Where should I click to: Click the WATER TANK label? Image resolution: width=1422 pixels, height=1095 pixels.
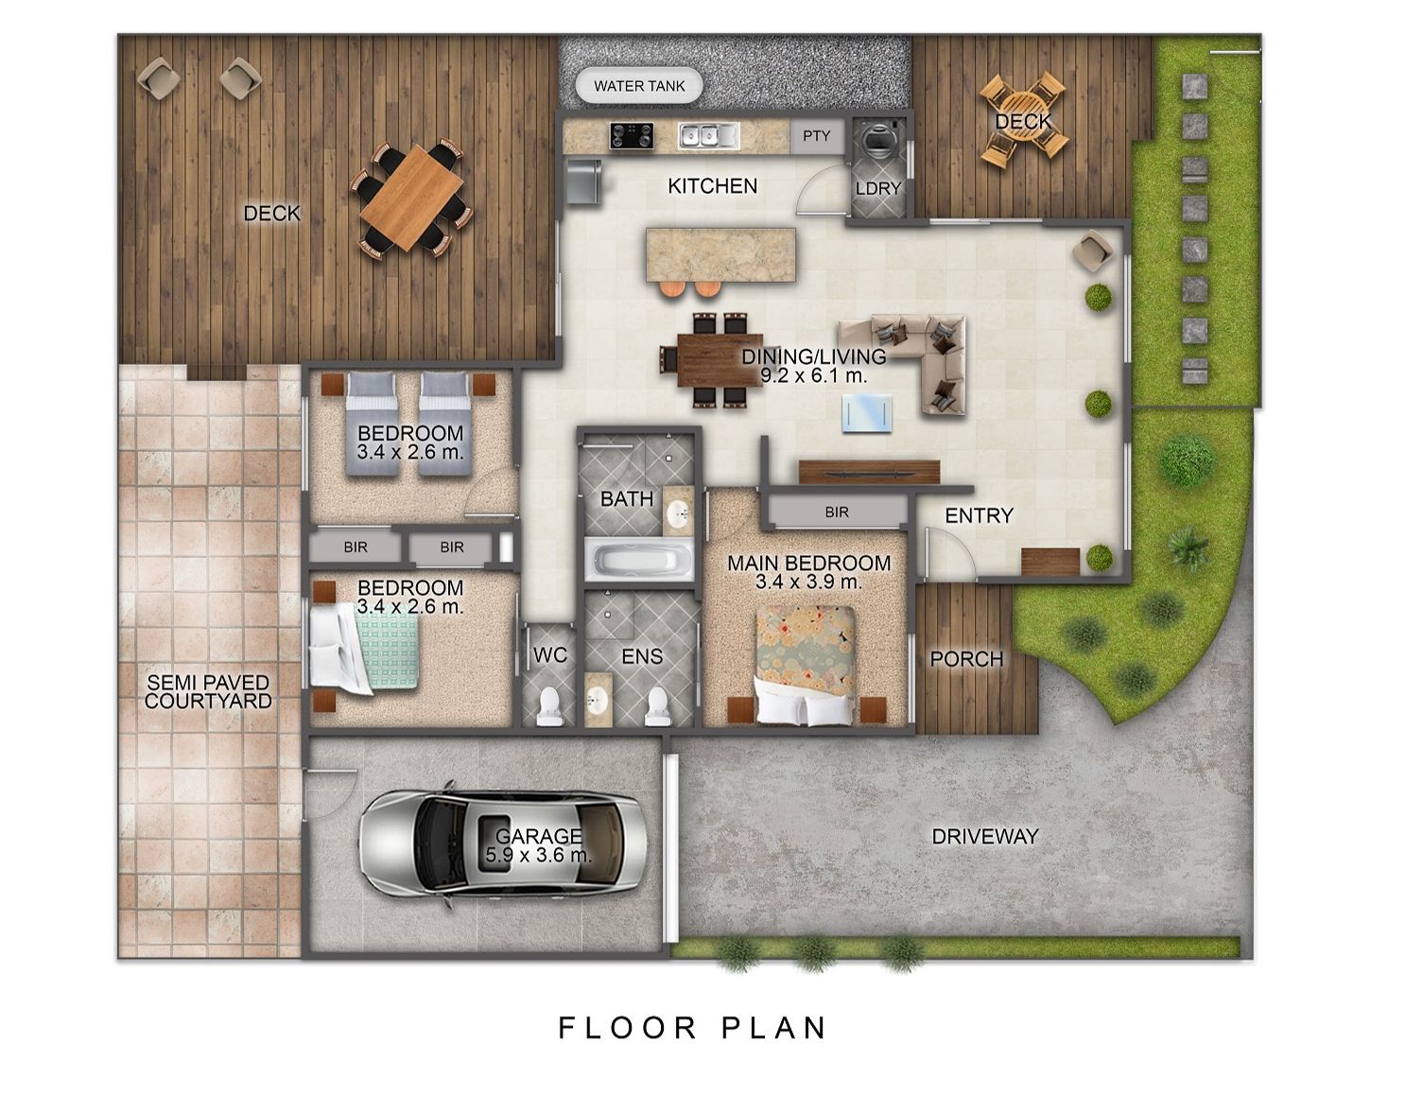point(639,86)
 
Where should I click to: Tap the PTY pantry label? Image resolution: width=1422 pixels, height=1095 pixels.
point(816,135)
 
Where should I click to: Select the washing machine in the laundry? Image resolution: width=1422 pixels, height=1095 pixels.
point(876,140)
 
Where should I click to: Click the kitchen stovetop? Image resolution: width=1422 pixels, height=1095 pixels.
point(632,136)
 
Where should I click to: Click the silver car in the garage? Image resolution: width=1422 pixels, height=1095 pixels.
point(502,843)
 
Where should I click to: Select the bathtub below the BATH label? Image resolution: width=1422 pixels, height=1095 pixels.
point(639,560)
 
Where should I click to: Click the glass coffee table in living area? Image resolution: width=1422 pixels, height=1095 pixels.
point(866,413)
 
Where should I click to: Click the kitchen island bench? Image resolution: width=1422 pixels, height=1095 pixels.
point(720,254)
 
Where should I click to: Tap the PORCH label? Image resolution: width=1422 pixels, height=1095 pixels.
point(966,659)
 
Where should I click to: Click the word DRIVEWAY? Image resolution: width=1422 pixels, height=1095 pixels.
point(985,837)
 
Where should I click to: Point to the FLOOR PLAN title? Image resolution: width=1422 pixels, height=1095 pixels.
point(692,1028)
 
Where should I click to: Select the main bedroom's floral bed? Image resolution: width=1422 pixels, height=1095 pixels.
point(806,666)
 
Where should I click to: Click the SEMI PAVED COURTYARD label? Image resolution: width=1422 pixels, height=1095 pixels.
point(208,692)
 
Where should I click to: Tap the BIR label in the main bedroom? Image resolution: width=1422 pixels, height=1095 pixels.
point(837,512)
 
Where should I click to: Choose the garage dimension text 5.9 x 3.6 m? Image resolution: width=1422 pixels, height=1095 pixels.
point(538,855)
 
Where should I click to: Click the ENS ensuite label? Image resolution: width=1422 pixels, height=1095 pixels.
point(642,656)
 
